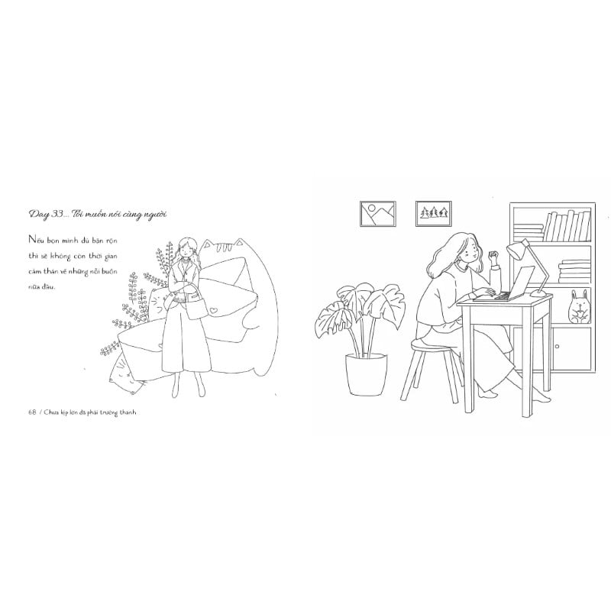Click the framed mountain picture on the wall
tap(377, 214)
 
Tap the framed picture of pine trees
tap(433, 214)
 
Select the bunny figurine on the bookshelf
tap(580, 306)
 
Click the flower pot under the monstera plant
tap(367, 374)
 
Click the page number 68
tap(32, 412)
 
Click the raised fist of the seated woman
tap(493, 257)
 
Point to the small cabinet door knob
tap(558, 346)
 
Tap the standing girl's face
tap(186, 251)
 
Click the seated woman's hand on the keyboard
tap(484, 291)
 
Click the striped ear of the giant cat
tap(226, 246)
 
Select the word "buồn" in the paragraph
tap(109, 272)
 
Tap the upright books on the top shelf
tap(567, 226)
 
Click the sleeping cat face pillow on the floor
tap(125, 373)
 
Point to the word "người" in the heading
tap(154, 215)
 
